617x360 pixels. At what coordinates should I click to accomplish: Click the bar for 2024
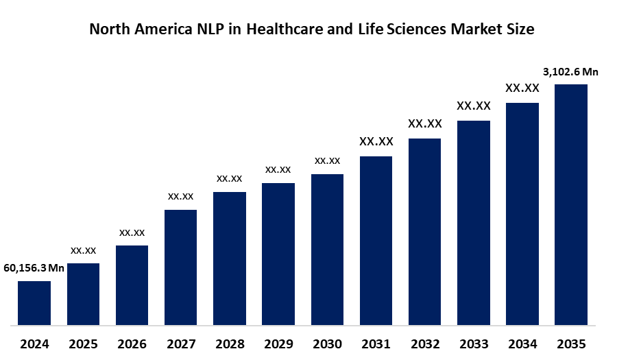coord(34,302)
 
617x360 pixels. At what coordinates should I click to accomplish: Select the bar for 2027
coord(180,267)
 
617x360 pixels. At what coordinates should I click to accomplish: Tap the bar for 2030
coord(327,249)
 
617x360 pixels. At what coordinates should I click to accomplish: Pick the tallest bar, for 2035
coord(571,204)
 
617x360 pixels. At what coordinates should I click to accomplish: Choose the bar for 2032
coord(425,231)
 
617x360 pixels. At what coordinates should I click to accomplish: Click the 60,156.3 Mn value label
coord(34,268)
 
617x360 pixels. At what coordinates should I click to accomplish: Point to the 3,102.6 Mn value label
coord(571,71)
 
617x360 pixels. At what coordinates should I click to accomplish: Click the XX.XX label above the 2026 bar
coord(132,232)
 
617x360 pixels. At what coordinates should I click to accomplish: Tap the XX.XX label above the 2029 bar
coord(278,169)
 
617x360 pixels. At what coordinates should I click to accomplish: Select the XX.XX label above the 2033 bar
coord(474,106)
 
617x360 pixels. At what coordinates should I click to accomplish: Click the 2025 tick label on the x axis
coord(83,344)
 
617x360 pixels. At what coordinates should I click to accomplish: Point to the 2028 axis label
coord(230,344)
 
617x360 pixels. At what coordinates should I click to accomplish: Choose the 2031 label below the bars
coord(376,344)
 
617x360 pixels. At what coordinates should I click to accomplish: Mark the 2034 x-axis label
coord(522,344)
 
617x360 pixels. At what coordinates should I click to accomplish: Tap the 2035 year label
coord(571,344)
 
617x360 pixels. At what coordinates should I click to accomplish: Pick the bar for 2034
coord(522,213)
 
